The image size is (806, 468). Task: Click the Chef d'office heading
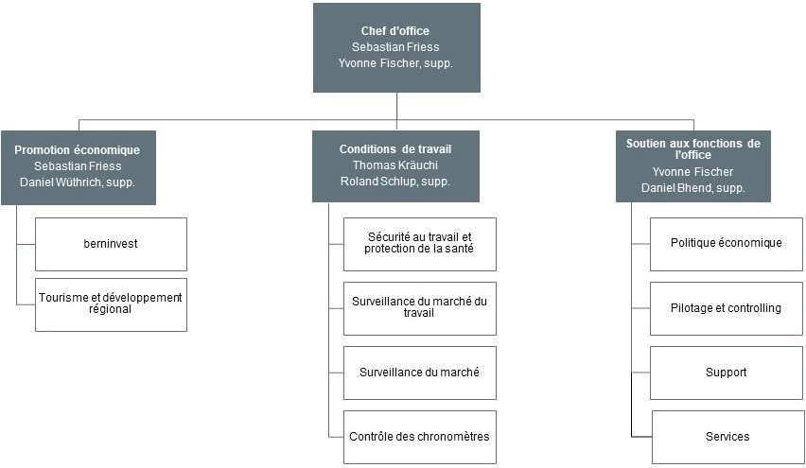394,31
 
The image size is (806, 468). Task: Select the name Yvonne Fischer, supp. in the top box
395,63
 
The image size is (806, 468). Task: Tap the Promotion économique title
78,150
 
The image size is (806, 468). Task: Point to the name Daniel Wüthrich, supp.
78,182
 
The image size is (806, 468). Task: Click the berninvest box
111,245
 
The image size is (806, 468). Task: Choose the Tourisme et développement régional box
111,304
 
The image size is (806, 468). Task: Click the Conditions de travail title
395,149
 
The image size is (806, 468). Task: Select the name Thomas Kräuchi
395,165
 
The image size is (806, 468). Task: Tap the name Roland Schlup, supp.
395,182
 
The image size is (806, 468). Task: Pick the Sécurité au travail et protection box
420,245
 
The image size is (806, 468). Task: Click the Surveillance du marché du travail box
420,309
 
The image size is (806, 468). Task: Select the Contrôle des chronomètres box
420,437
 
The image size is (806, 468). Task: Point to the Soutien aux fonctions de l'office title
692,149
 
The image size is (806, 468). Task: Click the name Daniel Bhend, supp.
692,188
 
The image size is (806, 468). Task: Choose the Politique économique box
727,245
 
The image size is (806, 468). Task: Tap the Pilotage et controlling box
727,309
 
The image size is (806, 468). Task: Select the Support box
727,373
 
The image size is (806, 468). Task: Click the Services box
727,437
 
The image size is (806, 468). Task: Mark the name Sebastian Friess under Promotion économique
78,166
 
